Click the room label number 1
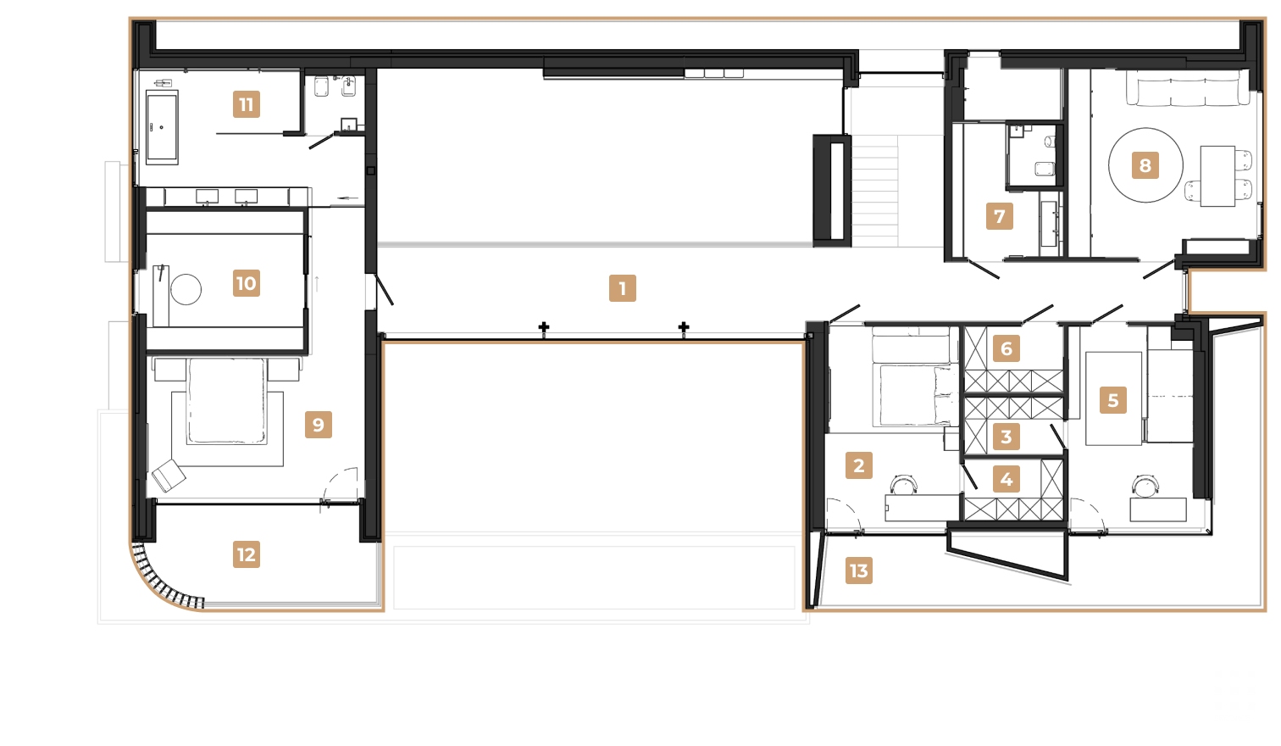(x=622, y=288)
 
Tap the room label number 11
(x=246, y=104)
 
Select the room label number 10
(x=246, y=283)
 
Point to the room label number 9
(x=318, y=425)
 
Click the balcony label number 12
(x=246, y=554)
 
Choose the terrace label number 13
(x=858, y=571)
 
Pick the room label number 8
(x=1145, y=165)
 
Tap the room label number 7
(x=999, y=216)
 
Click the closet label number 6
(x=1006, y=348)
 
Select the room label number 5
(x=1112, y=400)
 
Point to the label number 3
(x=1006, y=437)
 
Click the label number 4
(x=1006, y=479)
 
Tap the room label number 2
(x=858, y=465)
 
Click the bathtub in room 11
(x=162, y=127)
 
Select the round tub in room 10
(x=186, y=289)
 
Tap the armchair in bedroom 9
(x=169, y=475)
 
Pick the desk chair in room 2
(x=903, y=485)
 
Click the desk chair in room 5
(x=1145, y=486)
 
